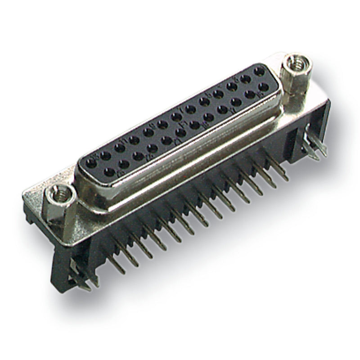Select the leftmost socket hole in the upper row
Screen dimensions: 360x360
tap(94, 158)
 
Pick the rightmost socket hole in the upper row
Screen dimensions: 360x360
tap(259, 72)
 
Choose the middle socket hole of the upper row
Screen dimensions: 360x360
tap(176, 117)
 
